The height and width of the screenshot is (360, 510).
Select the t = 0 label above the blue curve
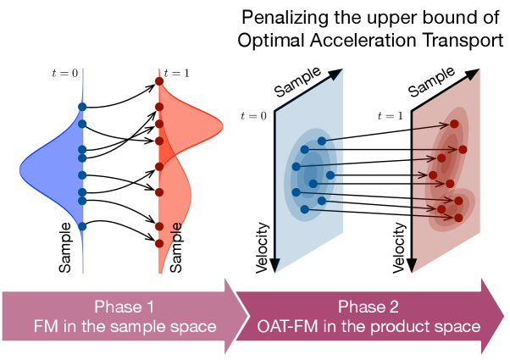pyautogui.click(x=64, y=73)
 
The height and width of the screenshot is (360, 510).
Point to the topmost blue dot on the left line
pyautogui.click(x=82, y=106)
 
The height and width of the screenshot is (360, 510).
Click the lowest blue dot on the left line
pyautogui.click(x=82, y=226)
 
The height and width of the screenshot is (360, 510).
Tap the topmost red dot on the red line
pyautogui.click(x=158, y=81)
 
